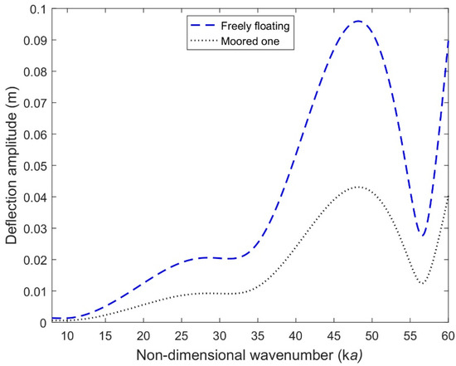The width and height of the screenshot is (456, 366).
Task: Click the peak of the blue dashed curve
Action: click(x=357, y=22)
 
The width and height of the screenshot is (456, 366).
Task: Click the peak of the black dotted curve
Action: click(x=357, y=187)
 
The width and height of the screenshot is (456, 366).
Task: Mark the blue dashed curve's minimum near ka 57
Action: click(x=422, y=236)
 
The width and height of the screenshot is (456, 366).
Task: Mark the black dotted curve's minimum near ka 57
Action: click(x=422, y=284)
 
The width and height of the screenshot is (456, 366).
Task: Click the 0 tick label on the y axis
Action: click(x=41, y=322)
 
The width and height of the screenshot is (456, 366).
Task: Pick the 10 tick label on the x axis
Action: click(x=66, y=335)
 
